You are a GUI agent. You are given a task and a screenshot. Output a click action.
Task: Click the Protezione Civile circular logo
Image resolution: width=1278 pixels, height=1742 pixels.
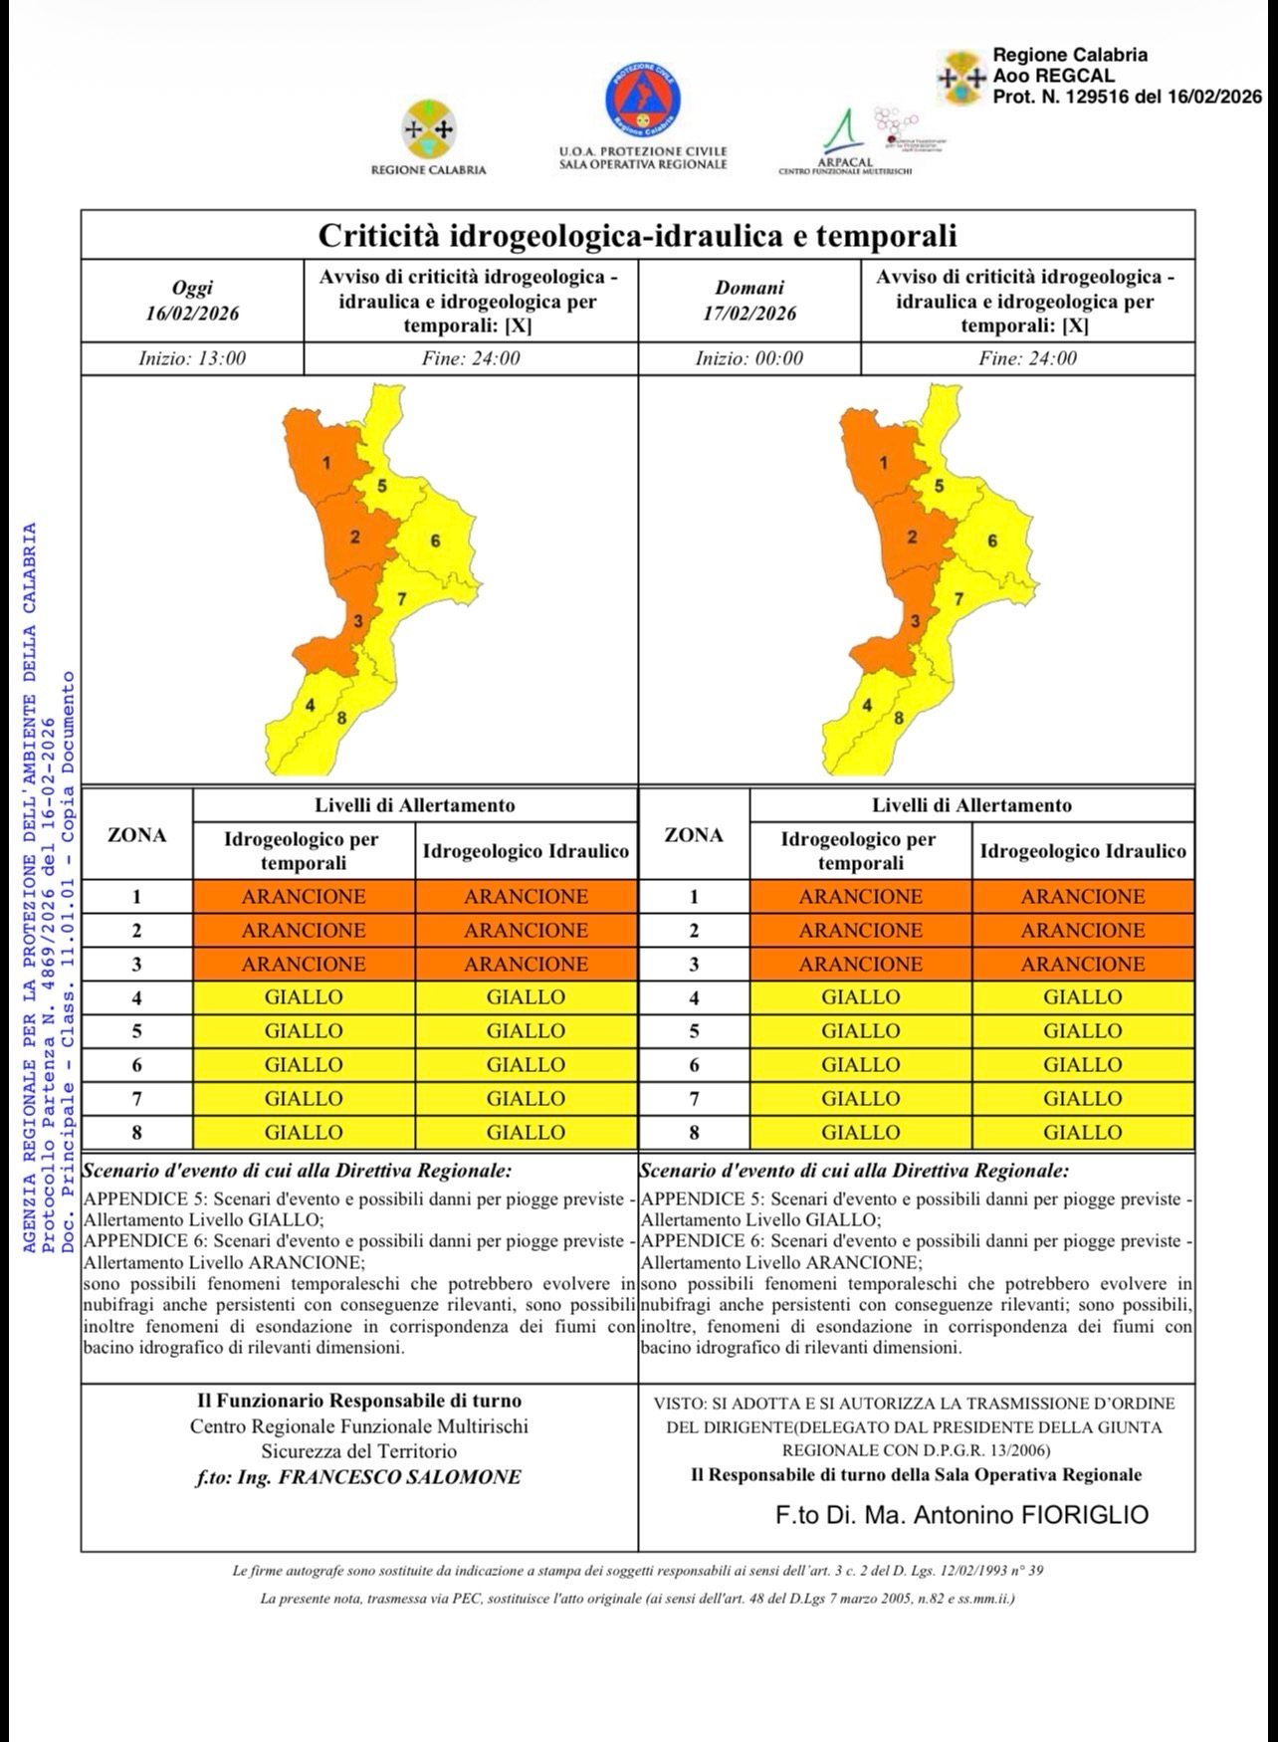point(642,104)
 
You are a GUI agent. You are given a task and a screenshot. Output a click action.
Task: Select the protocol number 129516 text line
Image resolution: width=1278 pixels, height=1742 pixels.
point(1127,97)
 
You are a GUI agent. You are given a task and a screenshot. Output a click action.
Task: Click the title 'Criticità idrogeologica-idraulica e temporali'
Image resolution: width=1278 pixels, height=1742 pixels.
point(637,236)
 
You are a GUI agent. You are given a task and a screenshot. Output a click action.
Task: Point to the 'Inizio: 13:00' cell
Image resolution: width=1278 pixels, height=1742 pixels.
point(192,358)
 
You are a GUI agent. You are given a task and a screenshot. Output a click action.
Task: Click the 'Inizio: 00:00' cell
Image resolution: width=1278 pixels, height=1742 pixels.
point(748,358)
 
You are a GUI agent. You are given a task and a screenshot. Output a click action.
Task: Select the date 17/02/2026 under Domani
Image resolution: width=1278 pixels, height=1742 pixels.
point(749,313)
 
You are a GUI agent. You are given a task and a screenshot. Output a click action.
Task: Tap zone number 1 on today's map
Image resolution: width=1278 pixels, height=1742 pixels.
point(326,463)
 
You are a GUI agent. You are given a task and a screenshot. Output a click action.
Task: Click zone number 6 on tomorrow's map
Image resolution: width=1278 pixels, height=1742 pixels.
point(992,541)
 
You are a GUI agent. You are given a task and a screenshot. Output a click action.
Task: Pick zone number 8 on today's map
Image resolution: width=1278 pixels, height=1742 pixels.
point(341,718)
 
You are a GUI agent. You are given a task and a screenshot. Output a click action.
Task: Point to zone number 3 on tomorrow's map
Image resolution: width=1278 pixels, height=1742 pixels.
point(915,622)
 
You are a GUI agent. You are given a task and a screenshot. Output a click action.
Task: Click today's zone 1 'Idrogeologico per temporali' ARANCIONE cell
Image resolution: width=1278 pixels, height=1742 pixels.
point(304,896)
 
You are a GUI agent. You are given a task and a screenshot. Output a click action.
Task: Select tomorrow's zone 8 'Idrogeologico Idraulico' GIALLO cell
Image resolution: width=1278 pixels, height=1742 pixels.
point(1083,1132)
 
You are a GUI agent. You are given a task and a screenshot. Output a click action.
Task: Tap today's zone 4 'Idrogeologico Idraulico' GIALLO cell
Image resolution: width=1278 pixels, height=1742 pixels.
point(526,997)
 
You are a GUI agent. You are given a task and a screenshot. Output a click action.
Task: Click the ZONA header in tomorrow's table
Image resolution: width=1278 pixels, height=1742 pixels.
point(694,835)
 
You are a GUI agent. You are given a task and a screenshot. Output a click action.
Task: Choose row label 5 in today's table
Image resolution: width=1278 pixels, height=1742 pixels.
point(137,1031)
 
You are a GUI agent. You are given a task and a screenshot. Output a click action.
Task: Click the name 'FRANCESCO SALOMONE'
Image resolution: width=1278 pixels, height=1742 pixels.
point(399,1477)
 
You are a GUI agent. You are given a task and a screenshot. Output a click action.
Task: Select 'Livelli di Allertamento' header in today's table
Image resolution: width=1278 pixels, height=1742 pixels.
point(415,805)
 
